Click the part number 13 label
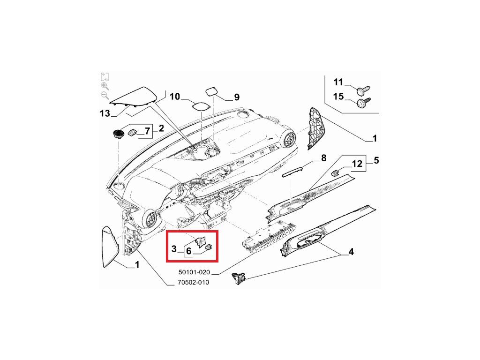[x=105, y=113]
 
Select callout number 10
[x=175, y=97]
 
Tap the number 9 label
[x=237, y=97]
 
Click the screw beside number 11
[x=364, y=88]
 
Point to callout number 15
[x=338, y=97]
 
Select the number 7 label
[x=147, y=131]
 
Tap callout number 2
[x=161, y=128]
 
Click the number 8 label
[x=323, y=158]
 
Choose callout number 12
[x=357, y=164]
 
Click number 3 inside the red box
[x=173, y=248]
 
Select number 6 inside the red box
[x=188, y=251]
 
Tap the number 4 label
[x=351, y=253]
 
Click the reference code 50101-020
[x=194, y=272]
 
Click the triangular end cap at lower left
[x=111, y=247]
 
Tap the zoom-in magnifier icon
[x=105, y=86]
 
